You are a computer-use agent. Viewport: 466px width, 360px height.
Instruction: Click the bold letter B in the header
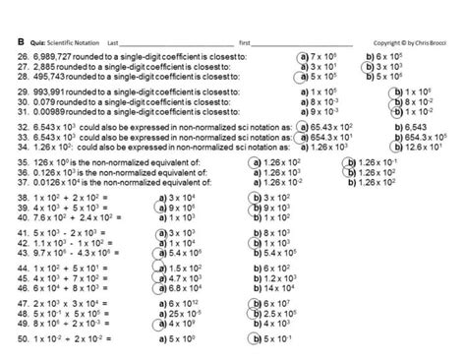coord(21,43)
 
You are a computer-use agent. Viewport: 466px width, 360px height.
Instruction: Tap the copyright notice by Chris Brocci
coord(412,43)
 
